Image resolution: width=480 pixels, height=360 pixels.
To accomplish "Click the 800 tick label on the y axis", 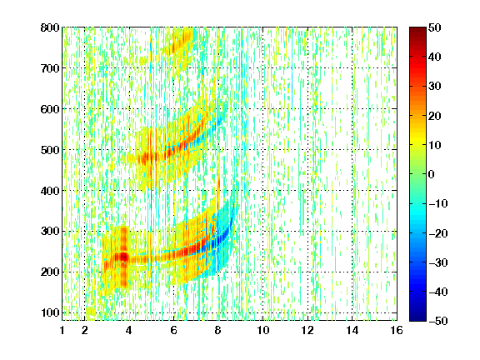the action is click(50, 27).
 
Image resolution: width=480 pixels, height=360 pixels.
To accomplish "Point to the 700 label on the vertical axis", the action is click(50, 68).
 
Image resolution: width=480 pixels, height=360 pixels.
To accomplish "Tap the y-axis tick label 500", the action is click(50, 150).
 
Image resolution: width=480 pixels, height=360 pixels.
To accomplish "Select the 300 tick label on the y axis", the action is click(50, 232).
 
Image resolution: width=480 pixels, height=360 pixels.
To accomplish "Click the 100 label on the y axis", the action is click(50, 312).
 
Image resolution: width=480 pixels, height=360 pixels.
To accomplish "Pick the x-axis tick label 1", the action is click(62, 330).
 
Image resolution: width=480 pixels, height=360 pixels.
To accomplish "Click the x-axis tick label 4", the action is click(129, 330).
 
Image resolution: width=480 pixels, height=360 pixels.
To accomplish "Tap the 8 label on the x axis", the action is click(217, 330).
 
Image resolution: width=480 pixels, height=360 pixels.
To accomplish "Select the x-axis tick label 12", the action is click(307, 330).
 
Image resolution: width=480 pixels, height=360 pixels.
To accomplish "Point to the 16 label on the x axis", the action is click(397, 330).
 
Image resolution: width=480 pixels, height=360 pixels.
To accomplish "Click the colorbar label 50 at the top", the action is click(435, 27).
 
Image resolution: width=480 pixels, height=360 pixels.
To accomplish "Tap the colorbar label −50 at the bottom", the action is click(438, 321).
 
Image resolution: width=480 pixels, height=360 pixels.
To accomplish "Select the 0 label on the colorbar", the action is click(432, 174).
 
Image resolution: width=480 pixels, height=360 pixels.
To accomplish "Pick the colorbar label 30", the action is click(435, 87).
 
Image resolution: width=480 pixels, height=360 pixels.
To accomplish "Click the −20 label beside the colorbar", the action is click(438, 233).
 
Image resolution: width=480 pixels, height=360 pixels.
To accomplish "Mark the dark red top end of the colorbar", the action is click(417, 30).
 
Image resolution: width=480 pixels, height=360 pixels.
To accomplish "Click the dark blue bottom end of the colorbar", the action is click(417, 317).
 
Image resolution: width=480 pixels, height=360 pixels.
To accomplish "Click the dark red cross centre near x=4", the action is click(123, 256).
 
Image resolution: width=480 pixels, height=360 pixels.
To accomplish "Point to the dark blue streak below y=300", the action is click(218, 239).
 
